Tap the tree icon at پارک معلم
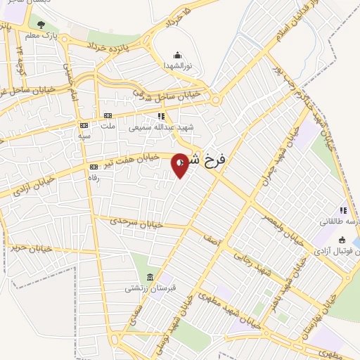pos(41,25)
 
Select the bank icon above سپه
pos(84,125)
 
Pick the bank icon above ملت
pos(108,116)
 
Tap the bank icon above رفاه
pos(94,167)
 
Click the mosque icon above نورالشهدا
pos(177,55)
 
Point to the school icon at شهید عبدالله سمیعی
pos(161,117)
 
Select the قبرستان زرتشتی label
pos(146,288)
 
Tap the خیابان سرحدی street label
pos(138,222)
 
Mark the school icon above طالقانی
pos(343,210)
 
